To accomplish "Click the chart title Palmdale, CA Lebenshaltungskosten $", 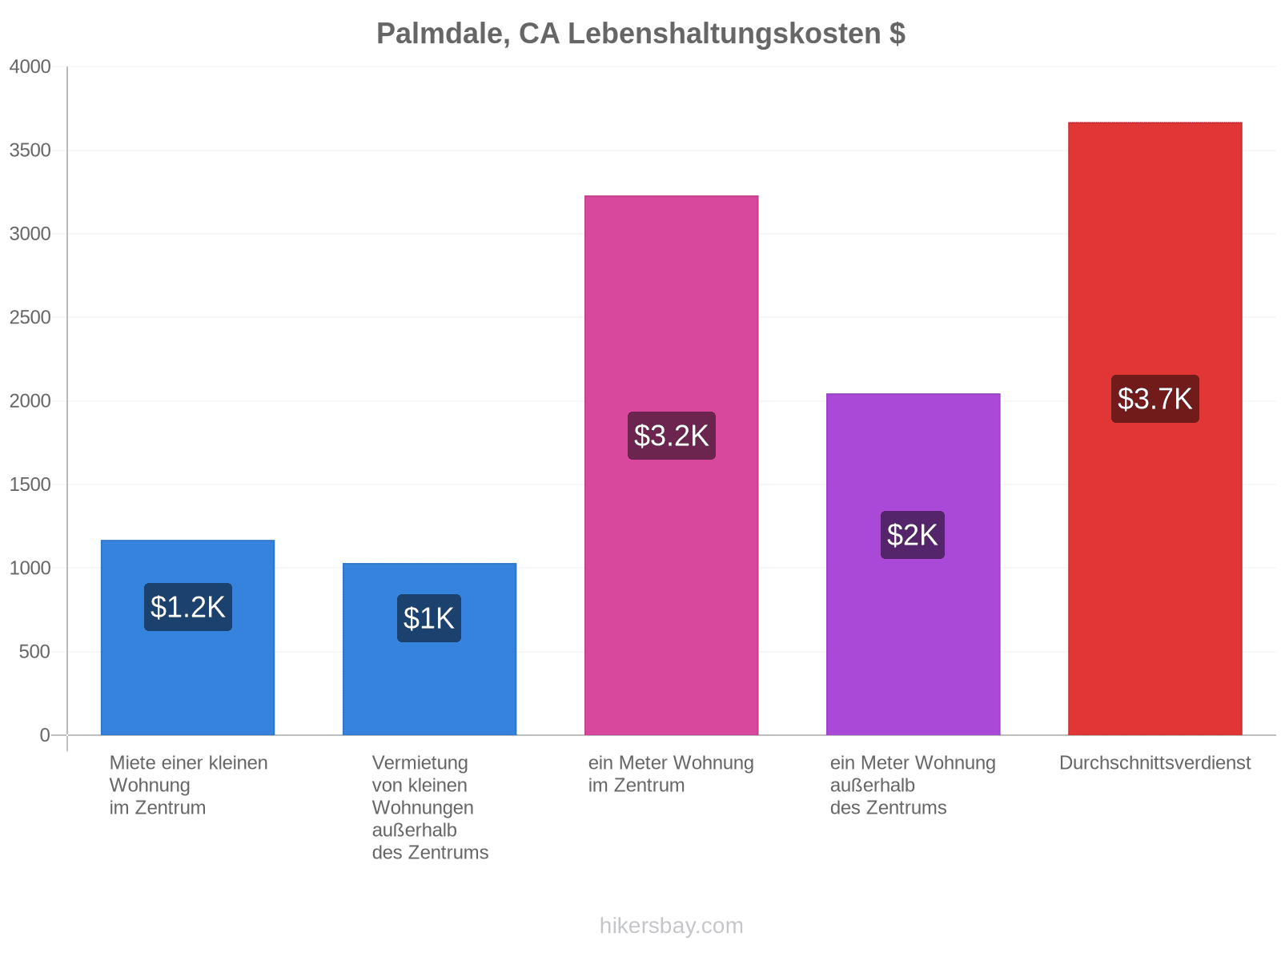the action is click(x=640, y=34).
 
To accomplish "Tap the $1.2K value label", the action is click(x=188, y=607).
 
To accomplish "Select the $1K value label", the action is click(x=429, y=618).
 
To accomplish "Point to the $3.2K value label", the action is click(x=671, y=436).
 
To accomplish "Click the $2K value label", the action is click(x=912, y=535).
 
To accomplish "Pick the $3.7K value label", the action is click(x=1155, y=399).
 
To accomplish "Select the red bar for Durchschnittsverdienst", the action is click(x=1155, y=428).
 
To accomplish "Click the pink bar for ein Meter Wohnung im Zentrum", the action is click(x=671, y=465).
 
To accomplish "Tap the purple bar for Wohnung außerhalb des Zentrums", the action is click(x=913, y=565).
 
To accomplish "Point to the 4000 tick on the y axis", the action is click(x=30, y=66).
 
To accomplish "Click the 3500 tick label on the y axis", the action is click(x=30, y=151).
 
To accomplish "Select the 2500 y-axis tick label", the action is click(x=30, y=317).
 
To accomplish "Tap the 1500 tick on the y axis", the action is click(x=30, y=485).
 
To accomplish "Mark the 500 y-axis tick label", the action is click(x=34, y=652).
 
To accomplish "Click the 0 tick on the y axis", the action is click(x=45, y=735).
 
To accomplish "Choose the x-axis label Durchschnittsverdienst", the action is click(x=1155, y=762).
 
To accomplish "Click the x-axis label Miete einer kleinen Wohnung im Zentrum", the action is click(x=188, y=785).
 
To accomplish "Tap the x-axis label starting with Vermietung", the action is click(x=429, y=807).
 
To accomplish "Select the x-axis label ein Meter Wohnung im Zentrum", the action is click(x=671, y=774).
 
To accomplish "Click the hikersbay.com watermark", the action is click(x=671, y=926).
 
